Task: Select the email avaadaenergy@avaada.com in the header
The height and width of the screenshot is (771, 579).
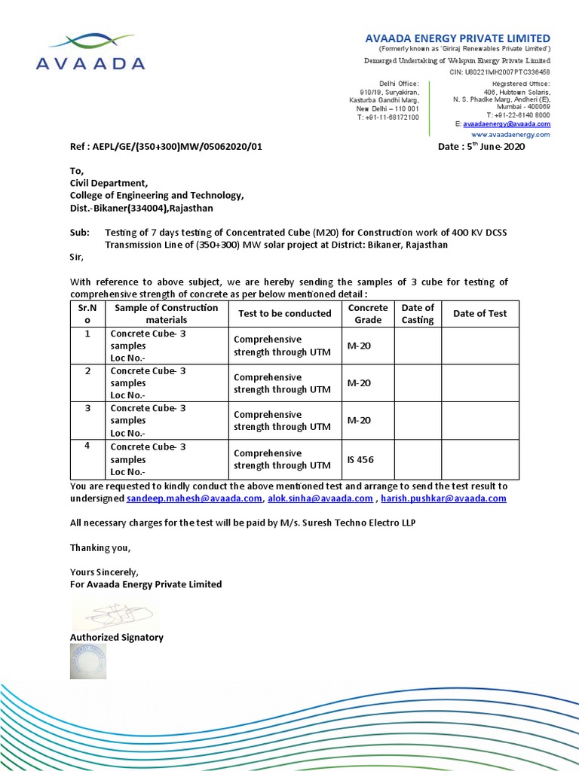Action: point(506,123)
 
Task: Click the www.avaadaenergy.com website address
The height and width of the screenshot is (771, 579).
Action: point(510,134)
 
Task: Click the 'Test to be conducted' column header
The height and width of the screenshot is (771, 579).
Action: point(285,313)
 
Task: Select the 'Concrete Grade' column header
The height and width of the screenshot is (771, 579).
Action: point(368,313)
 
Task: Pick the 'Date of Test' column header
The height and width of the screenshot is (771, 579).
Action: point(479,313)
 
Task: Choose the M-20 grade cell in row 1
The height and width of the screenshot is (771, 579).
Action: point(359,346)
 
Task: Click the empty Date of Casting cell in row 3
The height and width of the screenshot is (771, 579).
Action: point(418,421)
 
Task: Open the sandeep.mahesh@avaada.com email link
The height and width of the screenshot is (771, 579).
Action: point(195,498)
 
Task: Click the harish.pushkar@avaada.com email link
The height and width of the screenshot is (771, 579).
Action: point(443,498)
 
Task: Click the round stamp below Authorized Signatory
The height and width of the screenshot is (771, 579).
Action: point(88,660)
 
